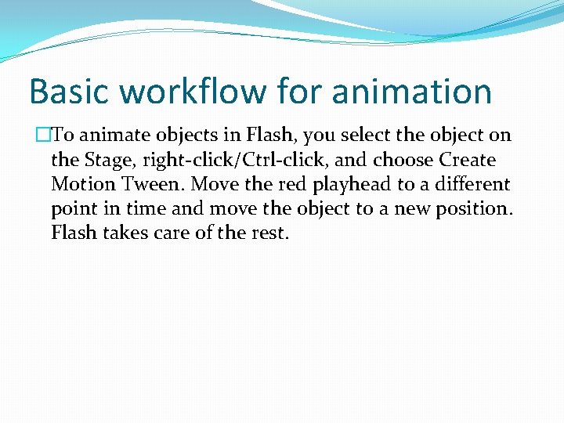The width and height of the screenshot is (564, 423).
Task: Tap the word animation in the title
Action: pyautogui.click(x=411, y=92)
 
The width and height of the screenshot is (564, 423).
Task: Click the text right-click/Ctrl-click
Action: pyautogui.click(x=233, y=161)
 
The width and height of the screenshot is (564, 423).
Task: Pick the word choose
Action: pyautogui.click(x=403, y=161)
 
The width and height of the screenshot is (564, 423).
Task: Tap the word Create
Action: pyautogui.click(x=468, y=161)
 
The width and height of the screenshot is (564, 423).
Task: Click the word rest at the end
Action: pyautogui.click(x=271, y=233)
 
